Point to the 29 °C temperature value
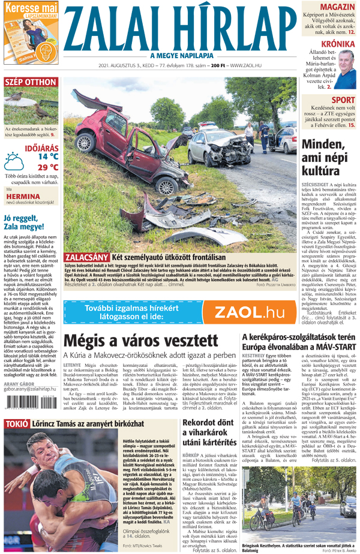pyautogui.click(x=47, y=167)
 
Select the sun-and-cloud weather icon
pyautogui.click(x=14, y=161)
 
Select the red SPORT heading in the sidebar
pyautogui.click(x=343, y=100)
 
